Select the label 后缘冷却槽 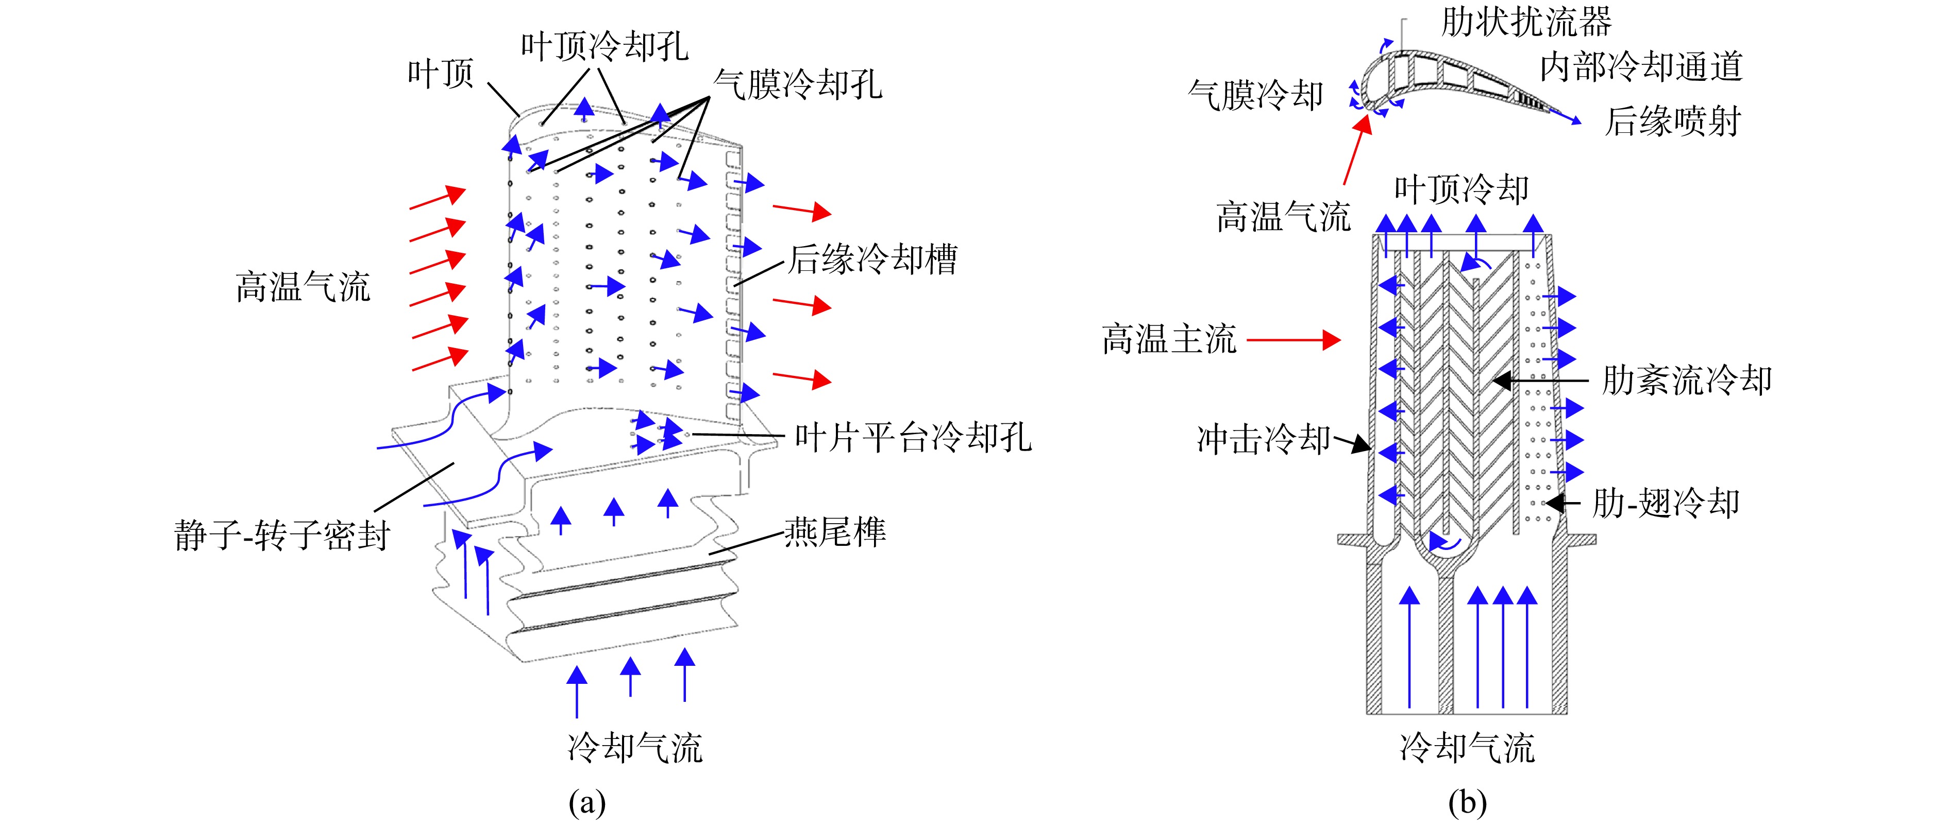(x=874, y=260)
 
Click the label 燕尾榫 (x=835, y=532)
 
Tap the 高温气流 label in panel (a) (x=303, y=287)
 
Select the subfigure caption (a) (x=587, y=802)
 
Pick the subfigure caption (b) (x=1468, y=802)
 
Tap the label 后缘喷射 (x=1673, y=121)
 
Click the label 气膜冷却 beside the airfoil (x=1256, y=95)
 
